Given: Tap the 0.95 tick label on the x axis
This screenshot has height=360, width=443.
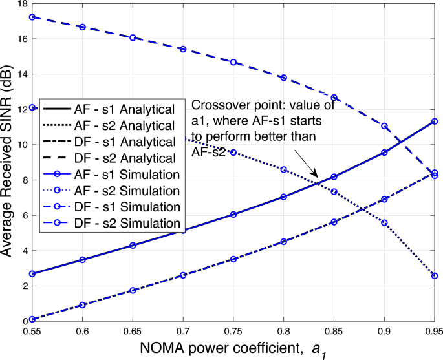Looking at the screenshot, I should coord(433,330).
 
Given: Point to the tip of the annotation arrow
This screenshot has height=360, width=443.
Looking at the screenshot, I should coord(318,177).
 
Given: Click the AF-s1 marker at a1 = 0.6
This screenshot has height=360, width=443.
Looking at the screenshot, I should coord(82,259).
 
